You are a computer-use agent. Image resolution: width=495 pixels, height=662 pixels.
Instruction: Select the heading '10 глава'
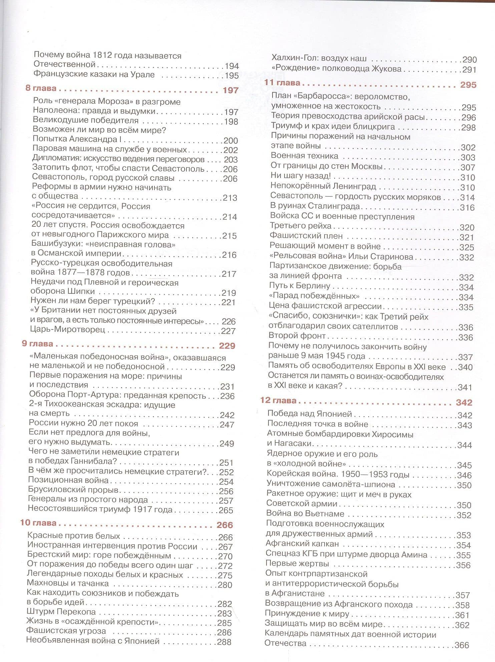pos(38,523)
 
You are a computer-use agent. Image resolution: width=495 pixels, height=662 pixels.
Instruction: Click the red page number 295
pos(468,85)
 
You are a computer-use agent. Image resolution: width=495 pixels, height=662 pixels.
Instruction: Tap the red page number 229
pos(227,346)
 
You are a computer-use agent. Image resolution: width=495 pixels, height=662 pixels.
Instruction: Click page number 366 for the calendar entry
pos(462,645)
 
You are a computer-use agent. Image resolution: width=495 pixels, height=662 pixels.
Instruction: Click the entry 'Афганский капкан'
pos(298,544)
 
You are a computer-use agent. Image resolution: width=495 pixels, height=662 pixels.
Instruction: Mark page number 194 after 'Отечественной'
pos(231,66)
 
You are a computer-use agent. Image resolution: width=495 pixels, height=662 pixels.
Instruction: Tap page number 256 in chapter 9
pos(226,491)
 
